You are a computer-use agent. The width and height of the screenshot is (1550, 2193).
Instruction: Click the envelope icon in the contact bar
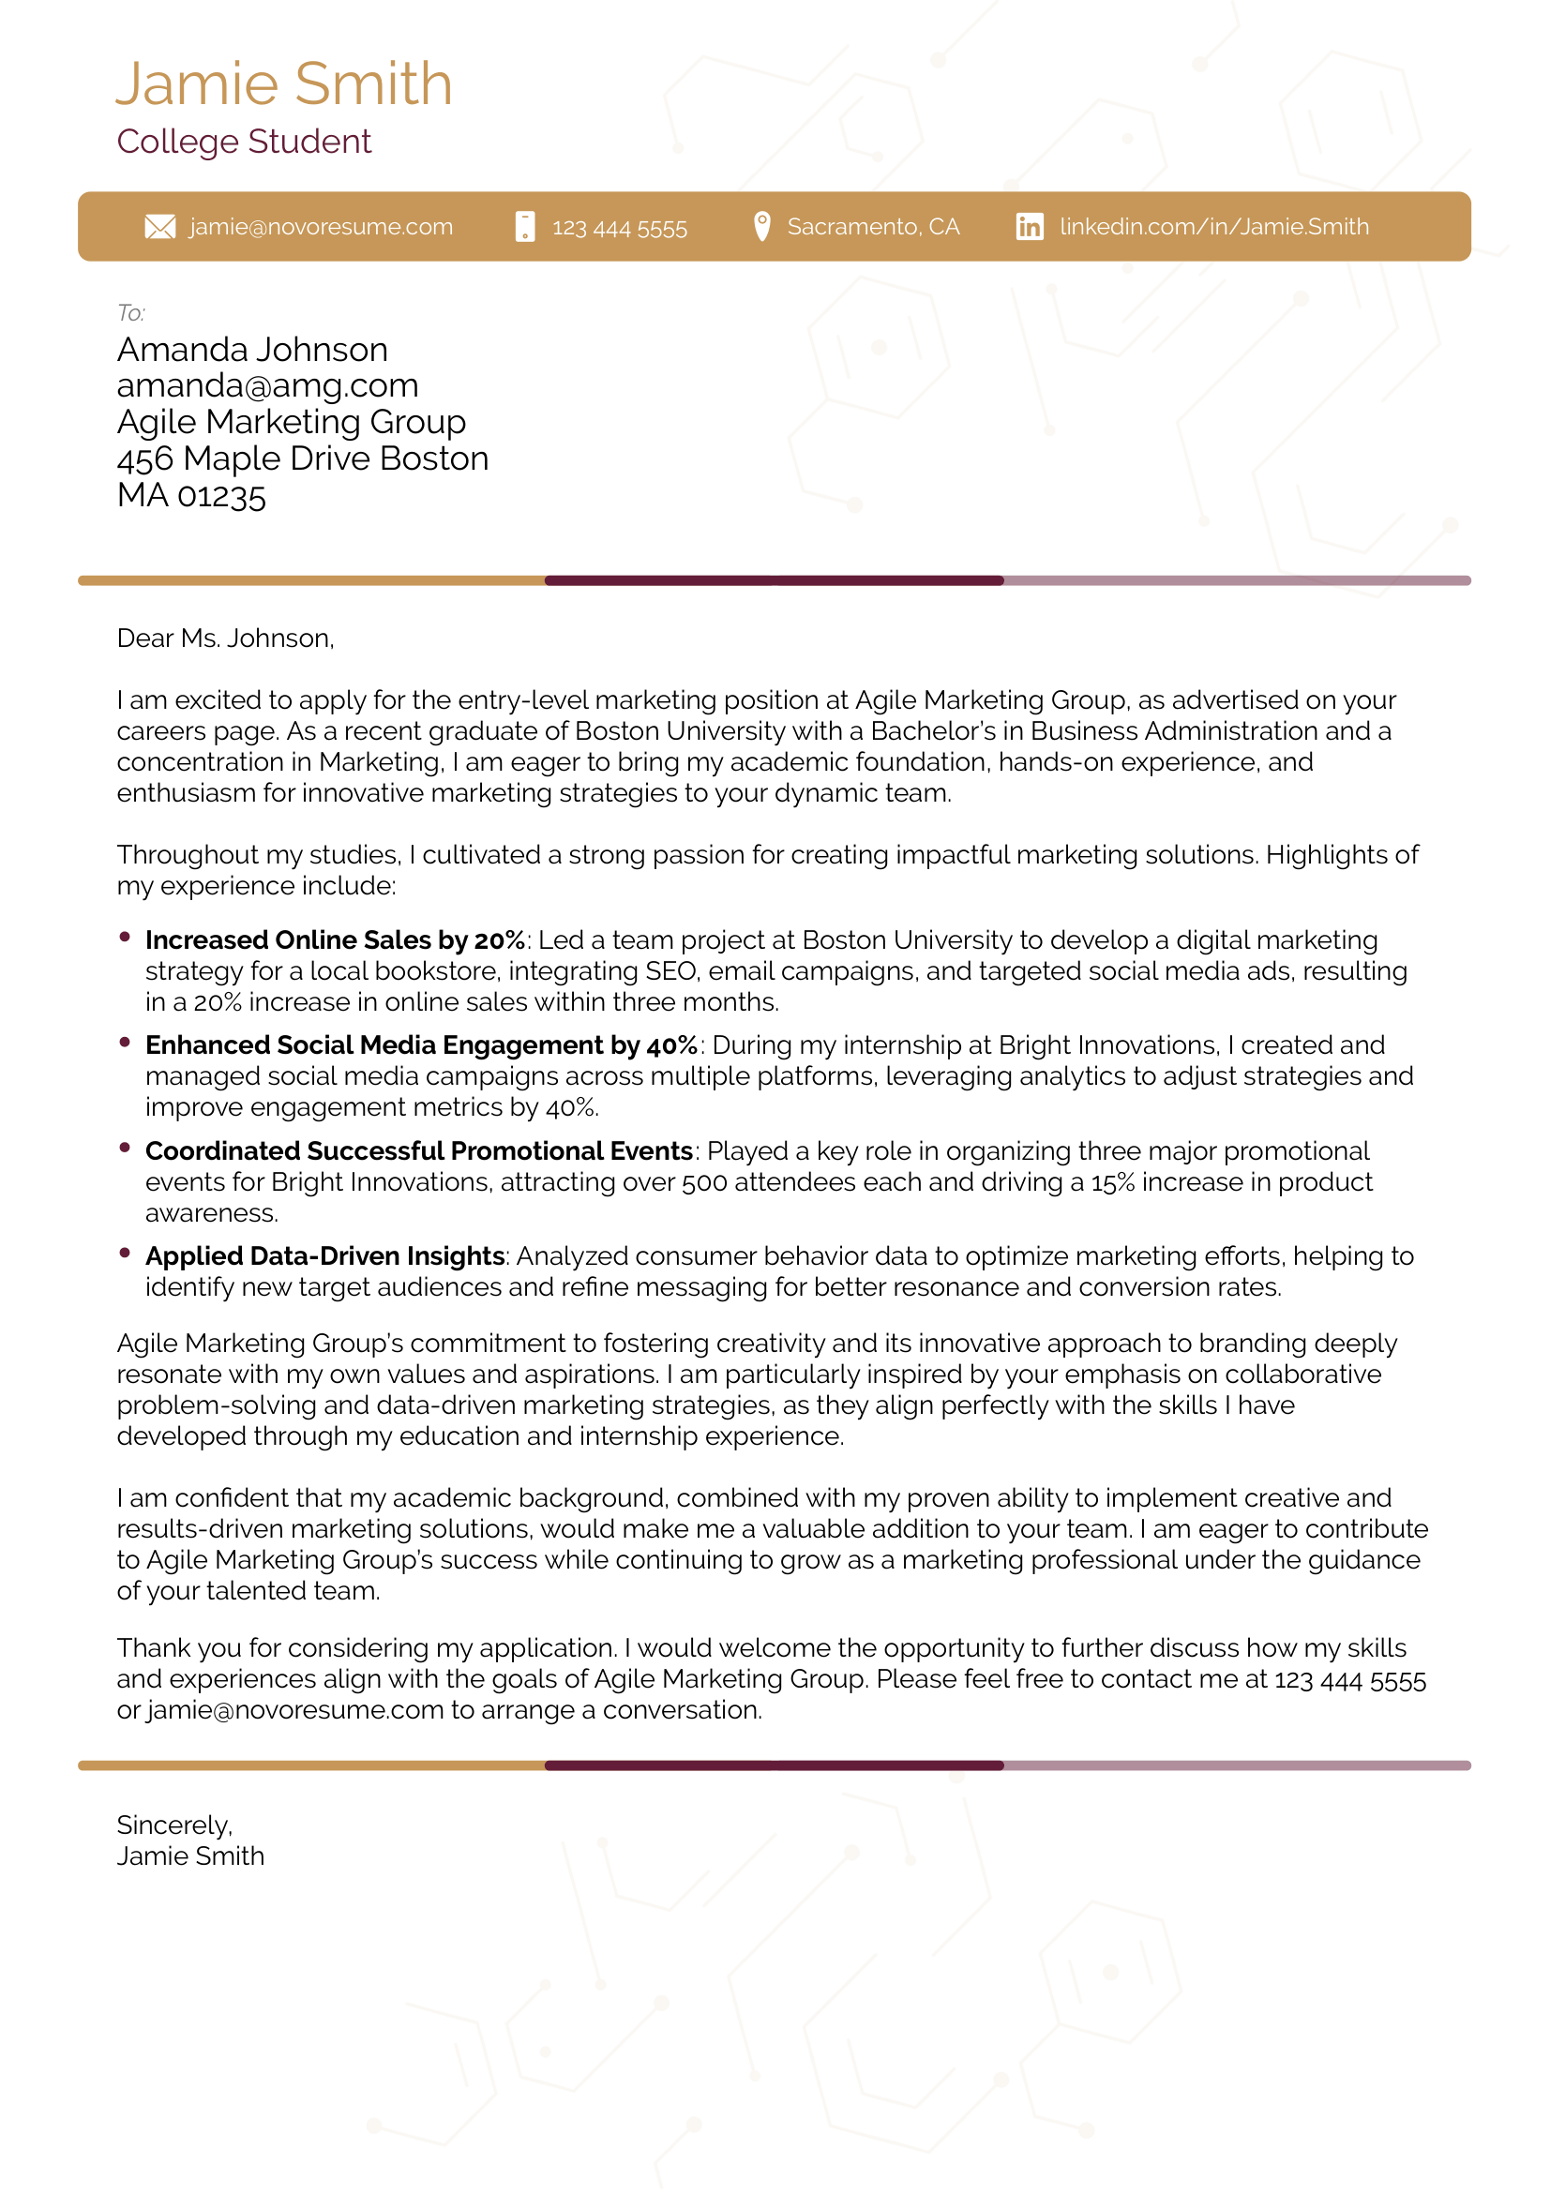click(x=159, y=226)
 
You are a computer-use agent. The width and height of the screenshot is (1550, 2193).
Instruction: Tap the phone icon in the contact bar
click(x=524, y=226)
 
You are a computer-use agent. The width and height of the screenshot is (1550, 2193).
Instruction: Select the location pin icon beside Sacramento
click(x=761, y=226)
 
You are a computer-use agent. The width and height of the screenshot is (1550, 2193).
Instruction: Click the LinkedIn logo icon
click(x=1029, y=226)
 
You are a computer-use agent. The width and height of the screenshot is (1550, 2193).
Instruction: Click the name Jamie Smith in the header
click(x=283, y=84)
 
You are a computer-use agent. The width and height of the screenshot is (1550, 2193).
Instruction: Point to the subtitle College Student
click(x=244, y=142)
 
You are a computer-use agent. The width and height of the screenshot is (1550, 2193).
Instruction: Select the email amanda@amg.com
click(x=267, y=385)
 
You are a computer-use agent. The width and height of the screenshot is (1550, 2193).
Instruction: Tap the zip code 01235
click(x=221, y=497)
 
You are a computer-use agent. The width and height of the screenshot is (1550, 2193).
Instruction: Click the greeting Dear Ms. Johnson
click(x=225, y=638)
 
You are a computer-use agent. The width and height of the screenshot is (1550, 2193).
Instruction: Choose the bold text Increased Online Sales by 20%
click(x=335, y=939)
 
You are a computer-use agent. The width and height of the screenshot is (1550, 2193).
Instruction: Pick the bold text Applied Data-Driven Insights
click(x=324, y=1256)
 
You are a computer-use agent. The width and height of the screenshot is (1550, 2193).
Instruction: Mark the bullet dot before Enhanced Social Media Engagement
click(x=124, y=1042)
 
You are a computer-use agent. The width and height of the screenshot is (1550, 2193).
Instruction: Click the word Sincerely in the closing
click(x=173, y=1825)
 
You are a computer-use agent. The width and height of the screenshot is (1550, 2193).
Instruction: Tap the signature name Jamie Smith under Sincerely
click(x=190, y=1855)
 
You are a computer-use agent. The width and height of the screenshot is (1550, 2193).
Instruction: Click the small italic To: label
click(x=131, y=312)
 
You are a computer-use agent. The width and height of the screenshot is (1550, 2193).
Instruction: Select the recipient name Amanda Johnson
click(x=252, y=350)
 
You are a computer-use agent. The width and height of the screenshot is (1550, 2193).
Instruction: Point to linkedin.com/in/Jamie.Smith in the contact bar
click(x=1213, y=226)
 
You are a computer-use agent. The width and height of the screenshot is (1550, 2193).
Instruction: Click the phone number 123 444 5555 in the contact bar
click(x=619, y=227)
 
